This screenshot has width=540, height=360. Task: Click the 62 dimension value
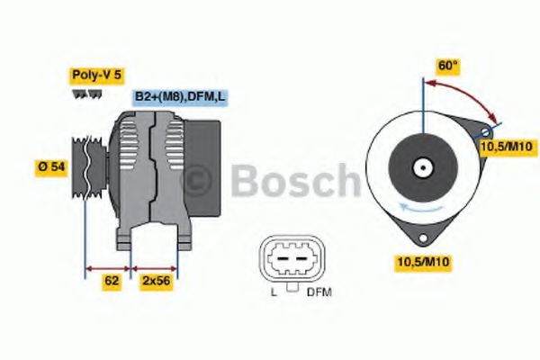pos(112,281)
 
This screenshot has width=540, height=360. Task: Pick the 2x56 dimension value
pos(156,281)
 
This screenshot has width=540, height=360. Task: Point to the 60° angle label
pos(448,66)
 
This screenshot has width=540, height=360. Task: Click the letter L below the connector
pos(273,292)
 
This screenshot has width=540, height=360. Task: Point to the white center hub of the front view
pos(421,167)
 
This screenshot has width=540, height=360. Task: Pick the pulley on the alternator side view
pos(88,167)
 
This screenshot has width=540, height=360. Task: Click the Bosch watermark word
pos(297,180)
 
